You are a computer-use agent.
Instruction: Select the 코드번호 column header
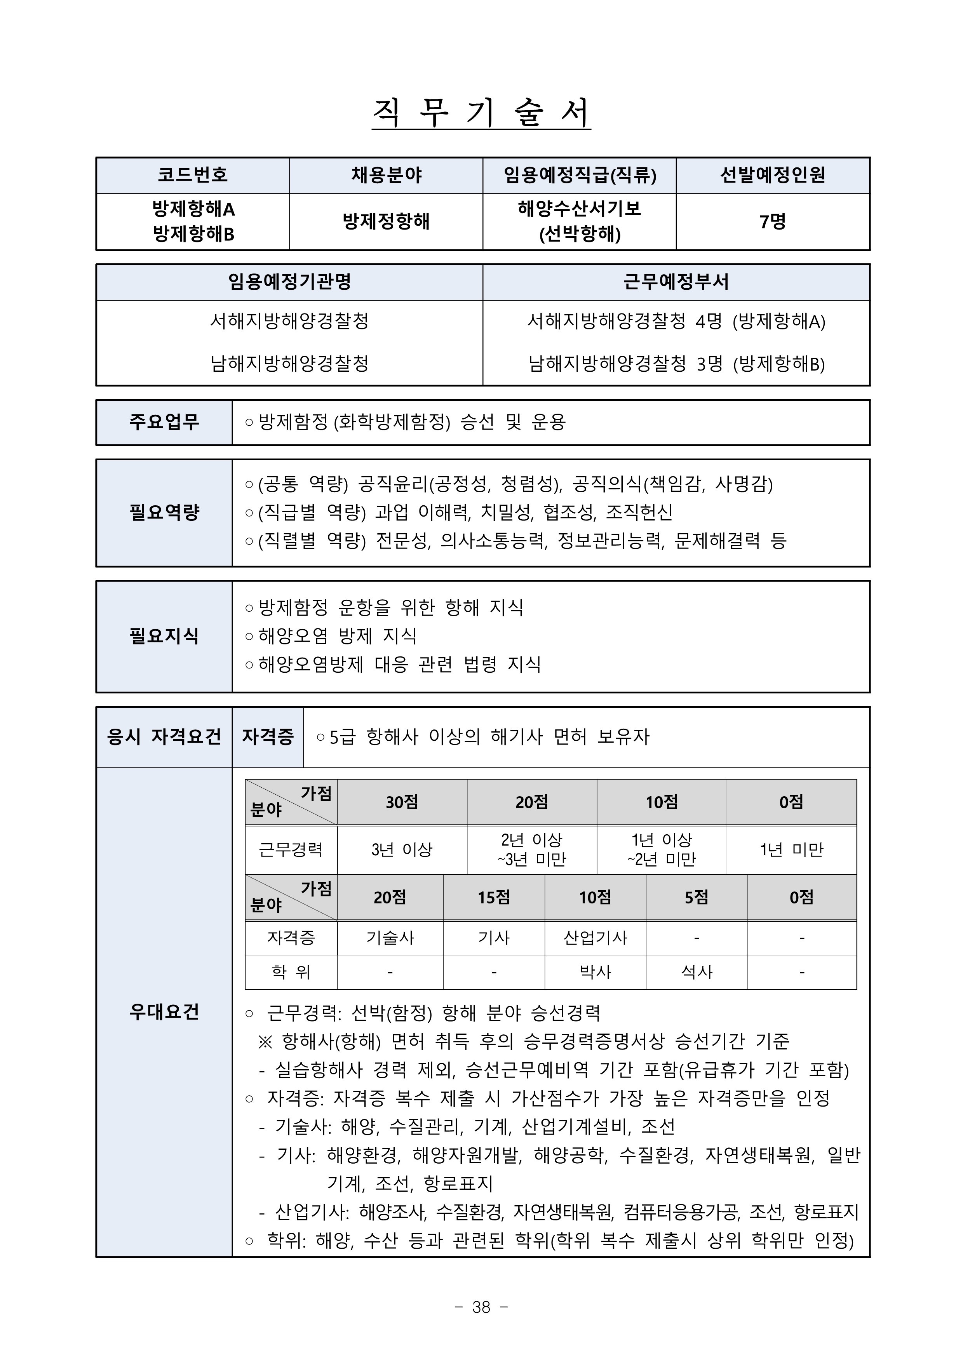pos(193,175)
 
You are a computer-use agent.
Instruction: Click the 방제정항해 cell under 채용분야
pos(386,222)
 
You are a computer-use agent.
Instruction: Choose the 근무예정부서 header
pos(676,282)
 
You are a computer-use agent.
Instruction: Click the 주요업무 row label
pos(164,422)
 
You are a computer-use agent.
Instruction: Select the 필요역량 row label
pos(164,512)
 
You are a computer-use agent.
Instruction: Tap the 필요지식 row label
pos(164,636)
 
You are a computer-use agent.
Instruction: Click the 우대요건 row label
pos(164,1011)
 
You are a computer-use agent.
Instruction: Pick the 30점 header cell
pos(402,802)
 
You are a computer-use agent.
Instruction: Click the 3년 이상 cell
pos(402,849)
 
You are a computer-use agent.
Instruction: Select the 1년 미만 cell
pos(792,849)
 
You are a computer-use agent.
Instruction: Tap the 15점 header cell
pos(494,898)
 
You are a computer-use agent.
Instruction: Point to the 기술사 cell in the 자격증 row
pos(390,938)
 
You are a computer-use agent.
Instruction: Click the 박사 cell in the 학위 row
pos(596,972)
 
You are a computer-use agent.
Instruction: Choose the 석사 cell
pos(697,972)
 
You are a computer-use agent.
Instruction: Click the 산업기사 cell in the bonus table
pos(596,938)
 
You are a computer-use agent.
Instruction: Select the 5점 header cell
pos(697,898)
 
